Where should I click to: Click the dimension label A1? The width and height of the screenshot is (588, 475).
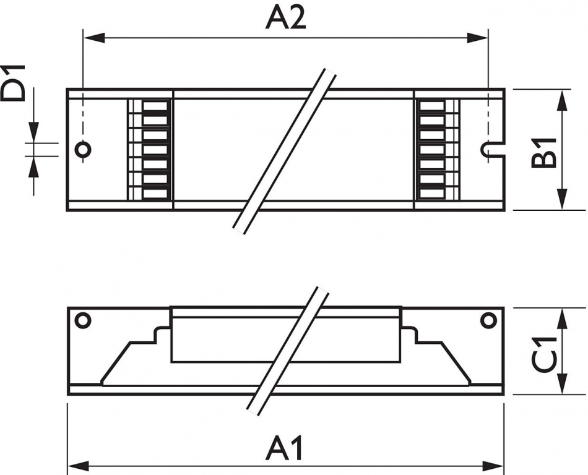tap(284, 448)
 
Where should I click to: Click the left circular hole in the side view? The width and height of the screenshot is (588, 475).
tap(83, 320)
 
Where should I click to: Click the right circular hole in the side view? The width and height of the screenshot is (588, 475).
tap(488, 320)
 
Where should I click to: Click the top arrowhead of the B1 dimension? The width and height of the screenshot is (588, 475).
tap(561, 100)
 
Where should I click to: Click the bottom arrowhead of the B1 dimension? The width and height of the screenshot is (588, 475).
tap(561, 199)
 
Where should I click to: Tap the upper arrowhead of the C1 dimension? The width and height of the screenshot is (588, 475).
tap(561, 319)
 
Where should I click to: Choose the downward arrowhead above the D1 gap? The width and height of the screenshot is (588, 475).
tap(34, 132)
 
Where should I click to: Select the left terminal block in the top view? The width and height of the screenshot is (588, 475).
tap(150, 150)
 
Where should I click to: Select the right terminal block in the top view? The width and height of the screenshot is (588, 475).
tap(438, 150)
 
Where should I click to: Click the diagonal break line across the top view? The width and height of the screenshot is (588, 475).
tap(284, 152)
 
